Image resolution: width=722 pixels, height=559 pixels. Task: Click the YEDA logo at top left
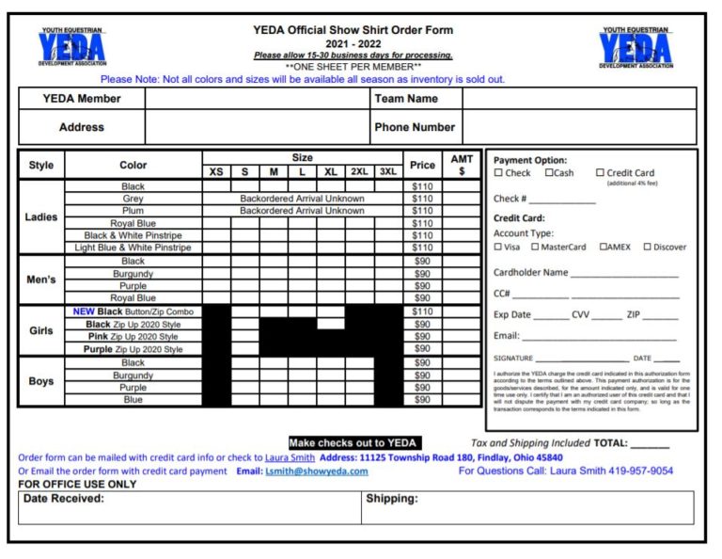(x=71, y=48)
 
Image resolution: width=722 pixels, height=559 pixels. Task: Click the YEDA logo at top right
(x=636, y=48)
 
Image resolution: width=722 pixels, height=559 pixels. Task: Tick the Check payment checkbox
(x=498, y=173)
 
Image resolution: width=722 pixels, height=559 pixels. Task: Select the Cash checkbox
(x=550, y=173)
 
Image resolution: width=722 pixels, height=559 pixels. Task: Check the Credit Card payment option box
(x=600, y=173)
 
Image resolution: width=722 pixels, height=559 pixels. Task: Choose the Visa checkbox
(x=498, y=248)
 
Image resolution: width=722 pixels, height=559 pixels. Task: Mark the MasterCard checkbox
(x=535, y=248)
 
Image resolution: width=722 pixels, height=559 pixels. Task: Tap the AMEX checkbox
(x=603, y=248)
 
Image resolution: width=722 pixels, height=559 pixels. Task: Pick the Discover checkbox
(x=647, y=248)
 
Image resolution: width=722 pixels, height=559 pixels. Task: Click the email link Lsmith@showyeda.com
(x=316, y=471)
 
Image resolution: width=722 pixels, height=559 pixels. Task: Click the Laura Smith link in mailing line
(x=290, y=458)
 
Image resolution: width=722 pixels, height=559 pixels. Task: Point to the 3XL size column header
(x=387, y=171)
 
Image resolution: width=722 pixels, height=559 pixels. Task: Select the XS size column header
(x=216, y=171)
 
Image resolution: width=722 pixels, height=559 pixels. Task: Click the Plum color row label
(x=133, y=211)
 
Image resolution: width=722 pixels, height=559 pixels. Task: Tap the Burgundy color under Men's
(x=133, y=274)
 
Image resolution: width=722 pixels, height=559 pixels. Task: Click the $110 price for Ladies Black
(x=422, y=186)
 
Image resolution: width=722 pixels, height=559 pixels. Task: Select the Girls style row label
(x=41, y=331)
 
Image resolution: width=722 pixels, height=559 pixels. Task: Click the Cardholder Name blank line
(x=623, y=274)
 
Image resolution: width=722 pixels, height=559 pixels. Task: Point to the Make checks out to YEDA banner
(x=354, y=443)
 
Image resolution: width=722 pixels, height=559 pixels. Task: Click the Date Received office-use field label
(x=64, y=499)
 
